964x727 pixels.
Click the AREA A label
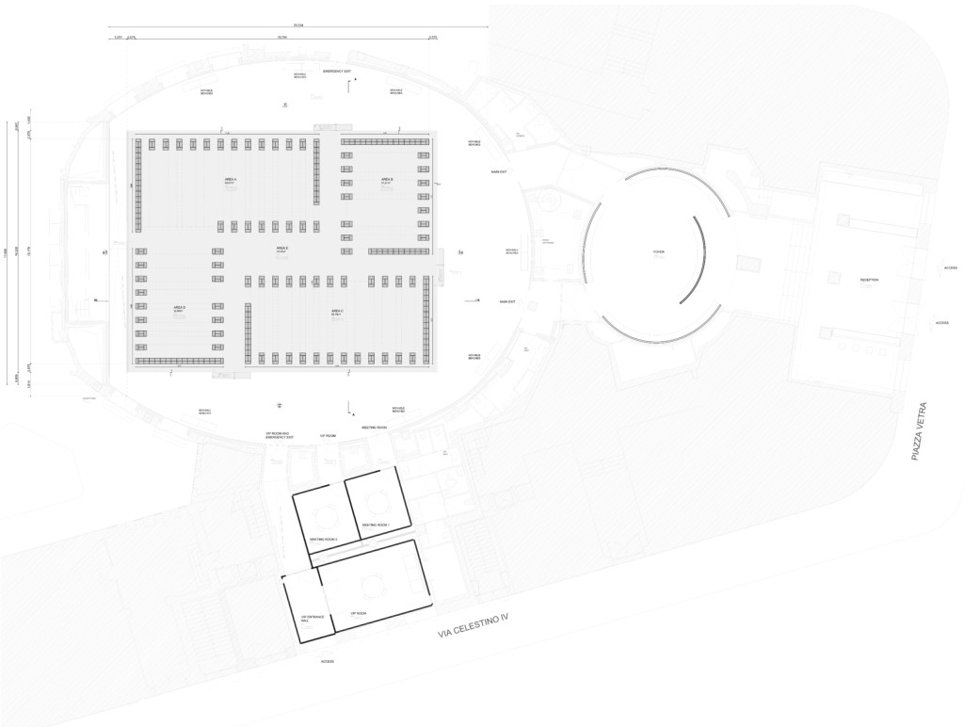pyautogui.click(x=230, y=179)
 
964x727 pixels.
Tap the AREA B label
pyautogui.click(x=387, y=179)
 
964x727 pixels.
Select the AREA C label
pyautogui.click(x=336, y=310)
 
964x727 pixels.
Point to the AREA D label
pyautogui.click(x=179, y=308)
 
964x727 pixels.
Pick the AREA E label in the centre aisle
pyautogui.click(x=281, y=248)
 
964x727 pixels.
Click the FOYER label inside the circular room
pyautogui.click(x=646, y=252)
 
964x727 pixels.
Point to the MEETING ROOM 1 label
pyautogui.click(x=376, y=525)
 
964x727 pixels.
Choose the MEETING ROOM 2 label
pyautogui.click(x=323, y=540)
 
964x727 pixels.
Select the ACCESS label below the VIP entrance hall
pyautogui.click(x=327, y=661)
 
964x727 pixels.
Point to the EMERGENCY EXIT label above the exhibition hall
pyautogui.click(x=336, y=72)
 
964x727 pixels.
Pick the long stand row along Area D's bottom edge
pyautogui.click(x=180, y=361)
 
